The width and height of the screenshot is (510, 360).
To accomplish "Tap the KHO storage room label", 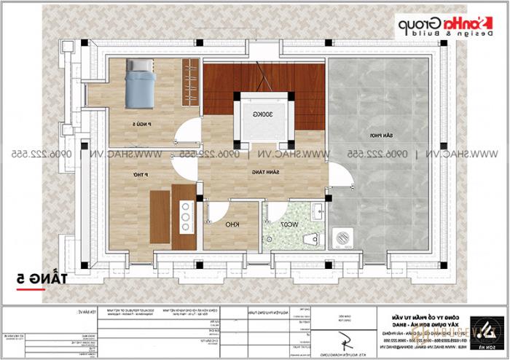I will [x=231, y=224].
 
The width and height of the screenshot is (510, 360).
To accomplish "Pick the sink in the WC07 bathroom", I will [x=316, y=213].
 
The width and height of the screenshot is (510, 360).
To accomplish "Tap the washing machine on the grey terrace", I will [x=340, y=237].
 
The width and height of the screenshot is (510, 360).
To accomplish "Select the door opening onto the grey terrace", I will [x=337, y=176].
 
